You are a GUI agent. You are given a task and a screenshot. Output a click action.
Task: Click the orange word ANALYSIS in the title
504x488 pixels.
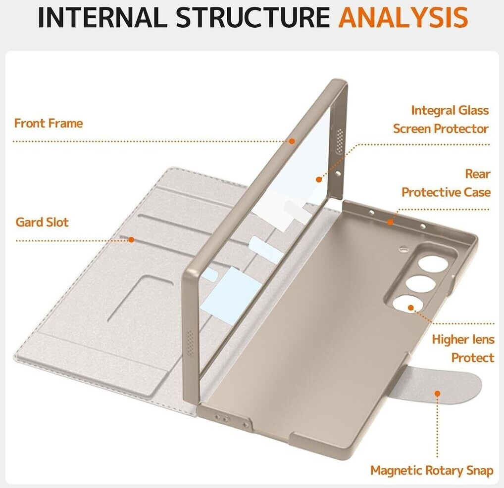pos(403,17)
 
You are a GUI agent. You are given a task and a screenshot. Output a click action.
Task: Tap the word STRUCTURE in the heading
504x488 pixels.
pos(253,17)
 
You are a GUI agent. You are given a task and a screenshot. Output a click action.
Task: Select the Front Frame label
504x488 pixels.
pos(49,123)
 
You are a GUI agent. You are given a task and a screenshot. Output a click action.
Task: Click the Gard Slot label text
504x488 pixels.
pos(42,222)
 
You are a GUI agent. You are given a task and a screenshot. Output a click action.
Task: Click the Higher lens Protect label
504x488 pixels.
pos(463,349)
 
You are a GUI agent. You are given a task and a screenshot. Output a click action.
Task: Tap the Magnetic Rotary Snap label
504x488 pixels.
pos(432,470)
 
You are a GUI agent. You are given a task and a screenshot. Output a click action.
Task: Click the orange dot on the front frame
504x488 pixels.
pos(292,141)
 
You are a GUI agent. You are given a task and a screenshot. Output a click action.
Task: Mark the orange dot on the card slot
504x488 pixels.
pos(131,240)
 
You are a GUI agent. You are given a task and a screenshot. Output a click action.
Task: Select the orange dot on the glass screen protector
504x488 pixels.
pos(318,179)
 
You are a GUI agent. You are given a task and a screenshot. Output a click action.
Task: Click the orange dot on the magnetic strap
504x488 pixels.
pos(437,394)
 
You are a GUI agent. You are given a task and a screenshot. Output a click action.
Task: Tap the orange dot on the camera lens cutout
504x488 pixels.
pos(411,308)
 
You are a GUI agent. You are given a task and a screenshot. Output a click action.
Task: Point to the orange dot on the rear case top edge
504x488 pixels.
pos(390,222)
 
